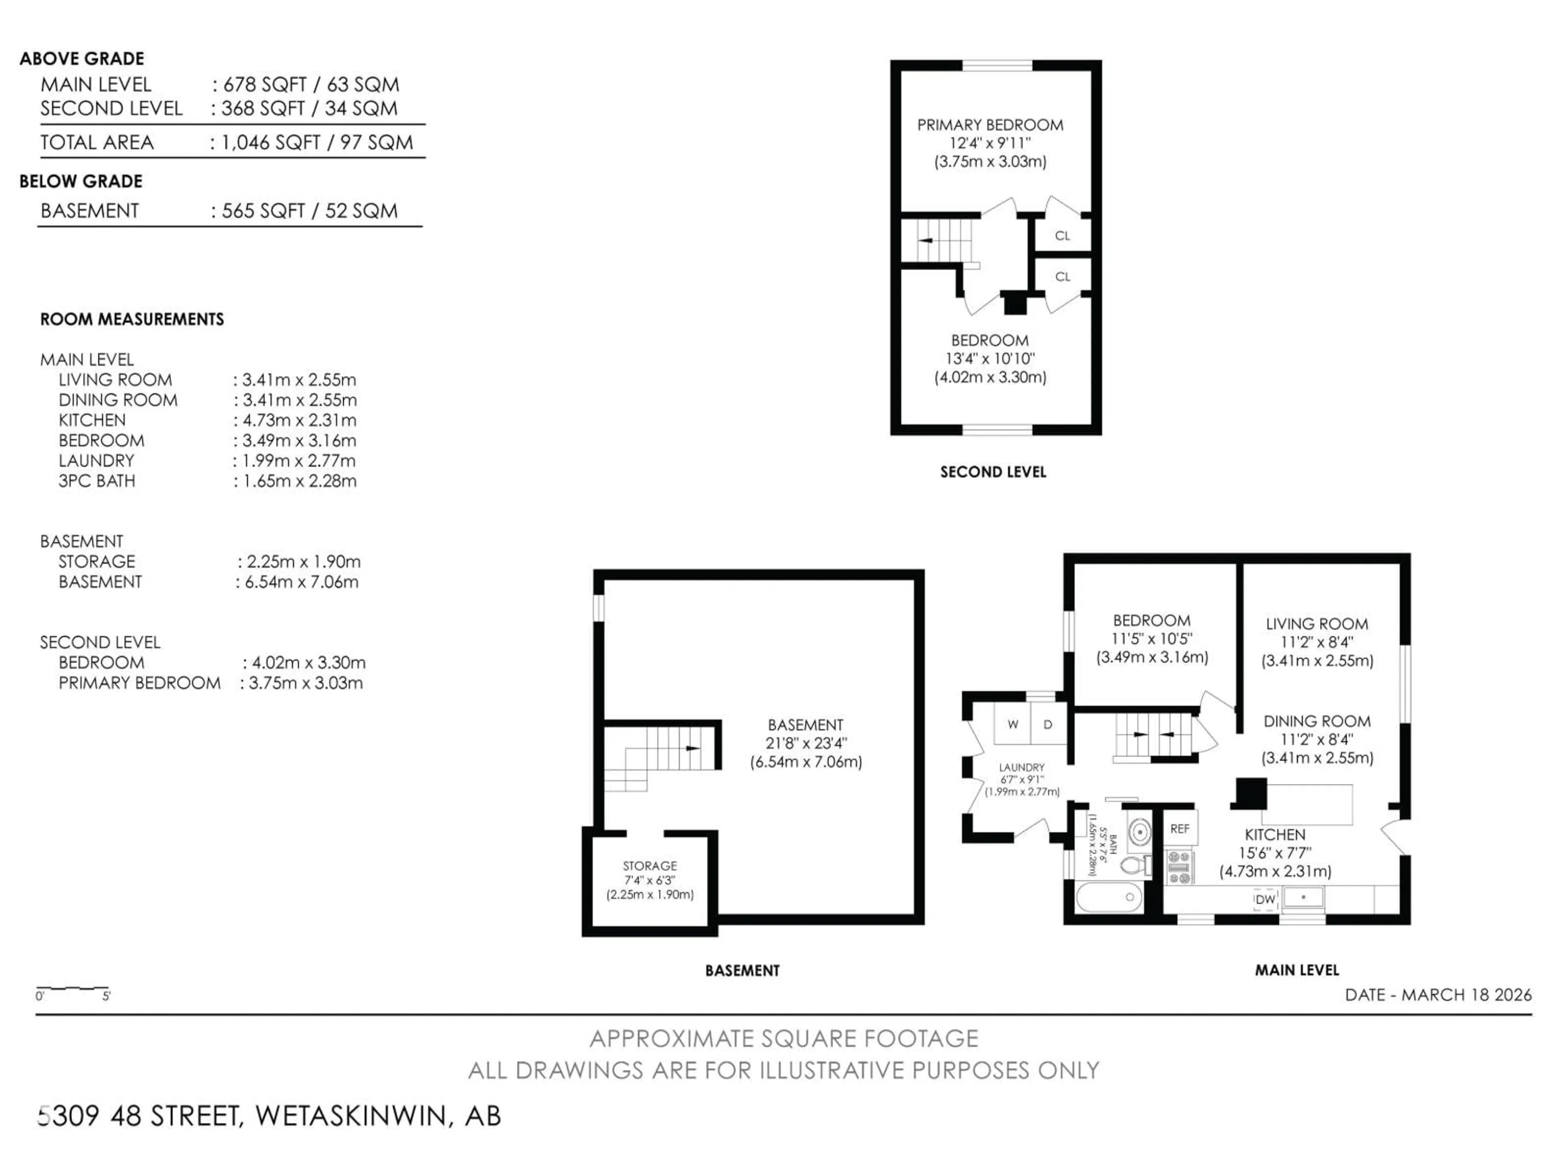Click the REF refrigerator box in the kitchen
tap(1179, 828)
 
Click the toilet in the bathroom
tap(1134, 865)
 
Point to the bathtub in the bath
tap(1109, 898)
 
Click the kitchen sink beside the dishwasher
tap(1303, 898)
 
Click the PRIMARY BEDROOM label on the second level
tap(990, 125)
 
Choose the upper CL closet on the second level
tap(1062, 235)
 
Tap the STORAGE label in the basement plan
tap(650, 866)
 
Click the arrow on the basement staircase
tap(692, 748)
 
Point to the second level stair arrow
tap(925, 240)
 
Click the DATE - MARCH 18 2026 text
tap(1437, 995)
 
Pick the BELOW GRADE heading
tap(81, 181)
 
